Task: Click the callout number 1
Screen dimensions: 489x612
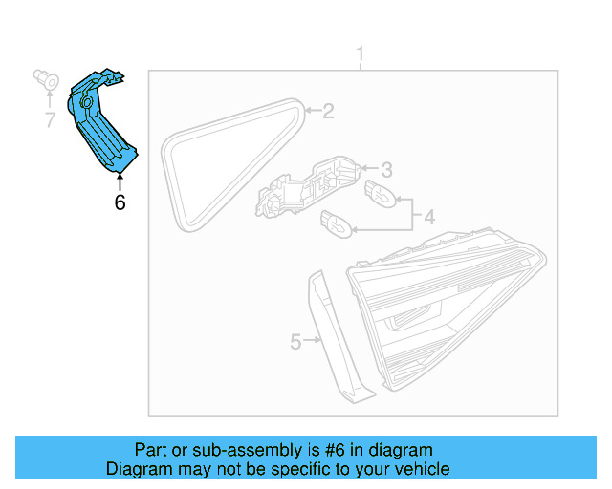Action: coord(361,53)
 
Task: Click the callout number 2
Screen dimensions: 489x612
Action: coord(328,113)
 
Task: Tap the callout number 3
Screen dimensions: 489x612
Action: coord(386,170)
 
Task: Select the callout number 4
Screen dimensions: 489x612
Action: coord(429,218)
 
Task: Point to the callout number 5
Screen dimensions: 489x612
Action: coord(295,341)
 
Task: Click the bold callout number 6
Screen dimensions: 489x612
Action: coord(120,202)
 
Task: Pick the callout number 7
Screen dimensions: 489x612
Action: coord(50,120)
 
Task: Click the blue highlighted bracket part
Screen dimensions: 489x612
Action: coord(100,124)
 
